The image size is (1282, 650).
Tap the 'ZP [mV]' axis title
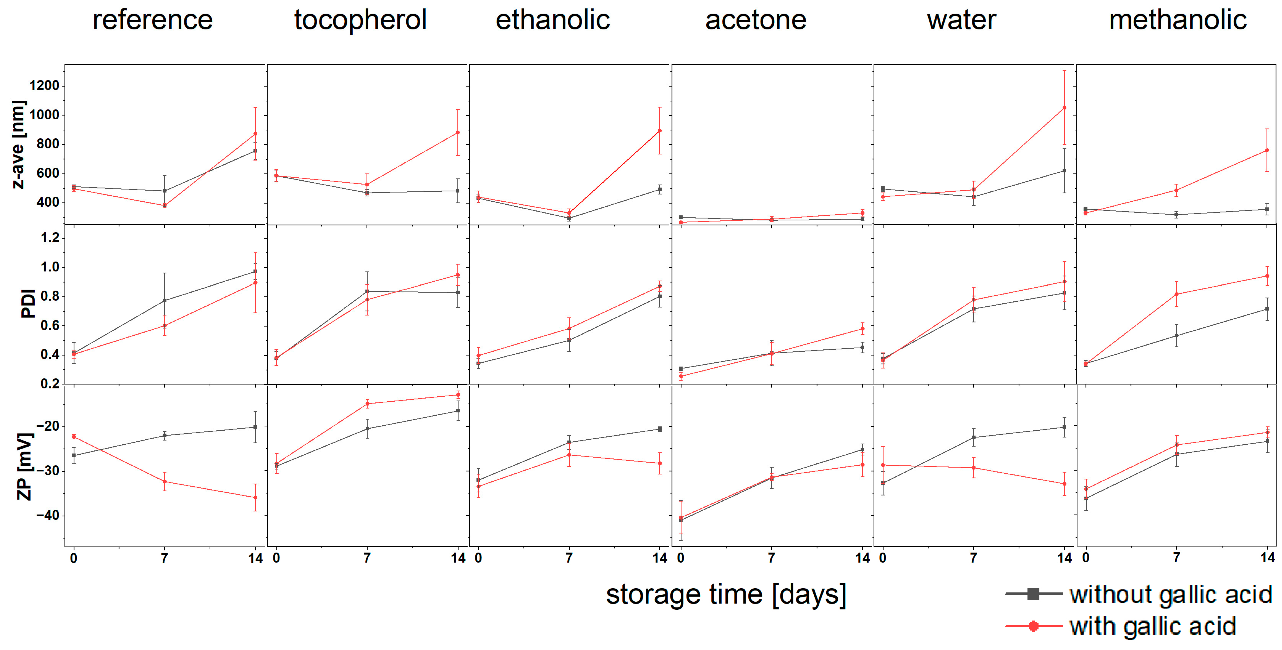click(x=24, y=466)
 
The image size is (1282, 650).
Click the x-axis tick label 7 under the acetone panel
click(x=771, y=558)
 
